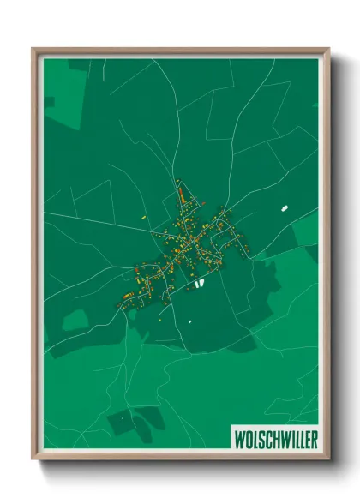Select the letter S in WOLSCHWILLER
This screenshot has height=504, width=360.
tap(261, 438)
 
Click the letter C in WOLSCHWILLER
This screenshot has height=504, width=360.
tap(267, 438)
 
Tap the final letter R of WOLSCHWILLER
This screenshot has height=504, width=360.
tap(312, 438)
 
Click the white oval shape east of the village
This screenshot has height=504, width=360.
tap(283, 207)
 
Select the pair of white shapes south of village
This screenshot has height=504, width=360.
tap(198, 282)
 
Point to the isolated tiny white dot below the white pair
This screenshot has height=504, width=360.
tap(188, 321)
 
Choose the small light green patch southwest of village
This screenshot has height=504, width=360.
tap(75, 320)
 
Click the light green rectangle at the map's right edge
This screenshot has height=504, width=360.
tap(306, 230)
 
